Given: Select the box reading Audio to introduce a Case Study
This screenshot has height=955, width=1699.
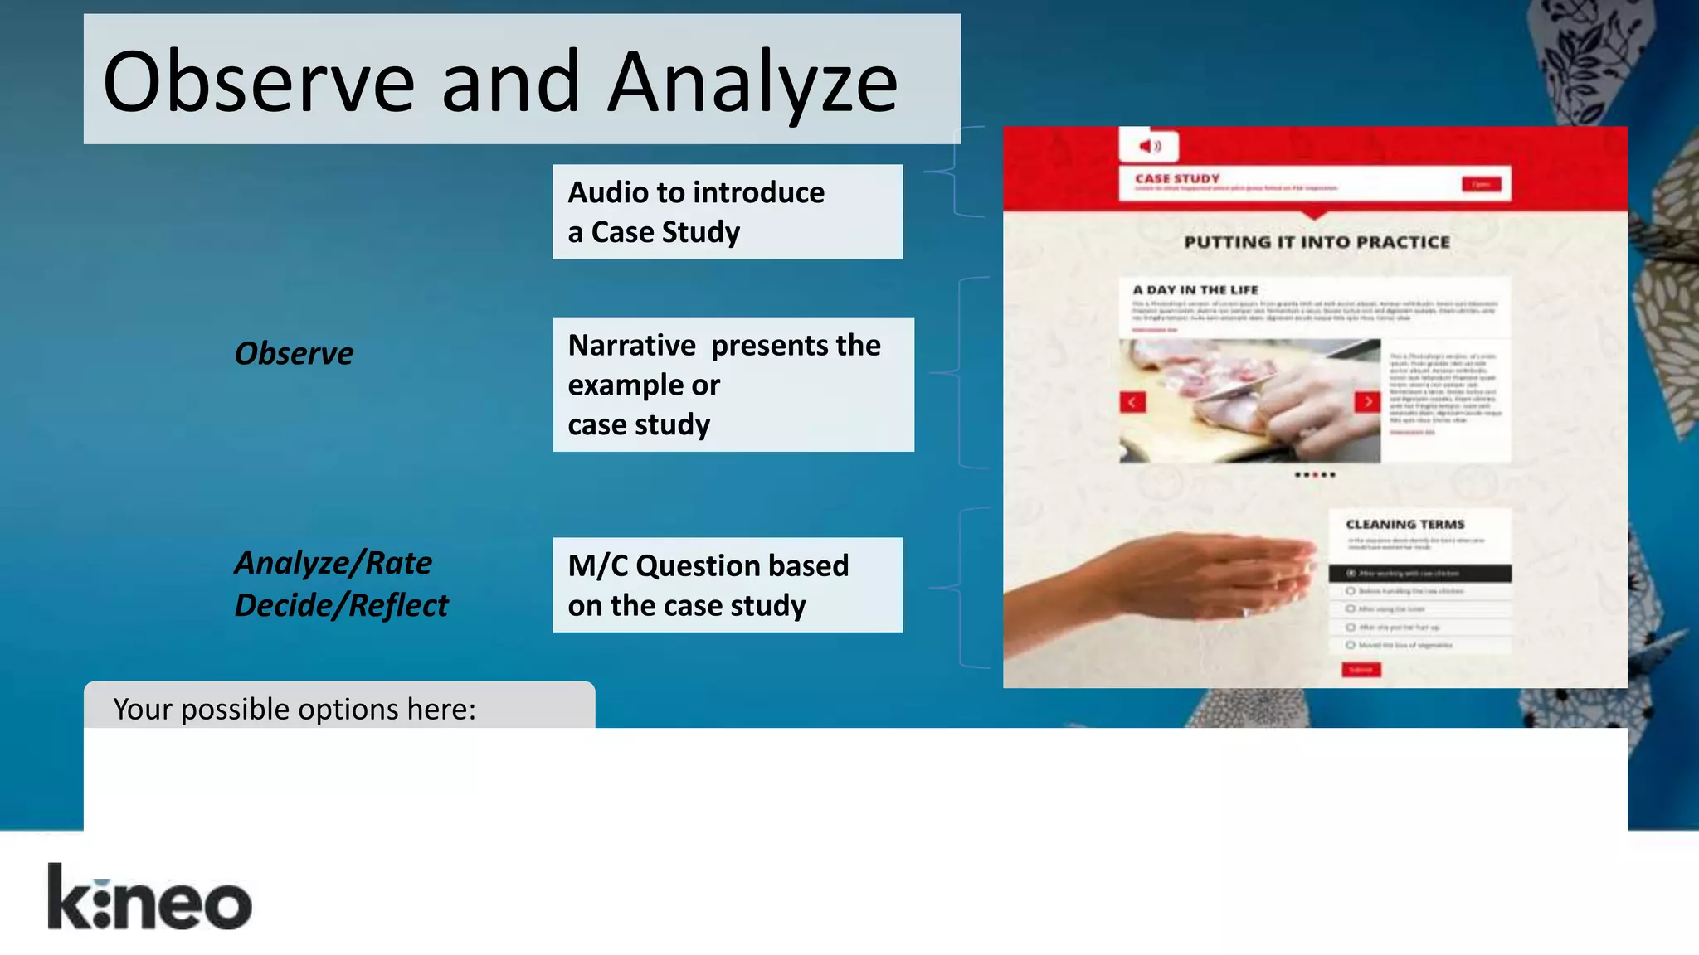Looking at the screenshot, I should tap(727, 211).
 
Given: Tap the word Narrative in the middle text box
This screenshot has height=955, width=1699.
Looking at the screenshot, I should tap(631, 345).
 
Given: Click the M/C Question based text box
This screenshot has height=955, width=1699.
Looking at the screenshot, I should tap(727, 584).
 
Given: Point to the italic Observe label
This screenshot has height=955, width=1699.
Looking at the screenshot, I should tap(294, 353).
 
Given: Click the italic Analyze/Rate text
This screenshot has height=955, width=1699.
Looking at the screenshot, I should tap(333, 563).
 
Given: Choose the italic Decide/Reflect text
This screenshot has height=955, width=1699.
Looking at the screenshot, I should tap(340, 605).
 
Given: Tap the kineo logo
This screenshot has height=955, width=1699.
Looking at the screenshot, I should tap(149, 898).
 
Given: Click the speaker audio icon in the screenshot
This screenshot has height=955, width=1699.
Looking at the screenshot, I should tap(1149, 147).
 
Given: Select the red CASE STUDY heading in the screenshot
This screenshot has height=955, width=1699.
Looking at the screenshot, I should tap(1177, 178).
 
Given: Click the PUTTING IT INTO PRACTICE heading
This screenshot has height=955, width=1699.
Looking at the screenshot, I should tap(1317, 242).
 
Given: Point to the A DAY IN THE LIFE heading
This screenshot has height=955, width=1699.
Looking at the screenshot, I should tap(1195, 289).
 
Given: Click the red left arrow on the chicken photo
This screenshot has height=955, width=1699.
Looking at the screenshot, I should tap(1132, 402).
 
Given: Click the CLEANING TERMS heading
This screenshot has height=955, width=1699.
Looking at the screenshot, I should tap(1404, 524).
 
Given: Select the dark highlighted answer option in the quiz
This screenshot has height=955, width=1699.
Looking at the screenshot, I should tap(1419, 573).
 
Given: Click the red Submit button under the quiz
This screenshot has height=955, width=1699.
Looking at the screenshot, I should tap(1361, 669).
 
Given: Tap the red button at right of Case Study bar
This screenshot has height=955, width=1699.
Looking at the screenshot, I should tap(1481, 184).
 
